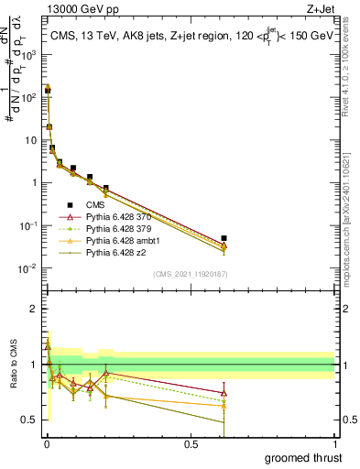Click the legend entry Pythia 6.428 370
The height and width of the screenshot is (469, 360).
click(116, 217)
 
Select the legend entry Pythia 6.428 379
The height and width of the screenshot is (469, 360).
click(116, 229)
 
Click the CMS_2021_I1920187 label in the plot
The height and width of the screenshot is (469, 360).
click(191, 273)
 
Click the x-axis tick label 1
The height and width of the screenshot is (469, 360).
click(334, 443)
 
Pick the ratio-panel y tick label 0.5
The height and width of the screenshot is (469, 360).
click(31, 420)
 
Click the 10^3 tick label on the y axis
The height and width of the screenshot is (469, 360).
click(29, 54)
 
